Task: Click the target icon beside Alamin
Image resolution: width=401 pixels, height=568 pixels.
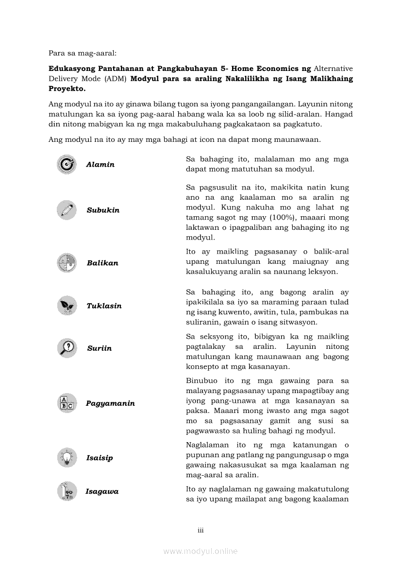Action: pyautogui.click(x=67, y=165)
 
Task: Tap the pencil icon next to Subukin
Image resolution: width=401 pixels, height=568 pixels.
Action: pyautogui.click(x=67, y=210)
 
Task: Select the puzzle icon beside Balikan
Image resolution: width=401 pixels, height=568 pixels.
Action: pyautogui.click(x=67, y=263)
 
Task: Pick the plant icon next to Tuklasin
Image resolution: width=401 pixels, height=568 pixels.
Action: pyautogui.click(x=67, y=306)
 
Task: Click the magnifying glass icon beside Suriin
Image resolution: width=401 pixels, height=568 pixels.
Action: pyautogui.click(x=67, y=348)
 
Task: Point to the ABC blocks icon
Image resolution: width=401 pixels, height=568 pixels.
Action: pyautogui.click(x=67, y=403)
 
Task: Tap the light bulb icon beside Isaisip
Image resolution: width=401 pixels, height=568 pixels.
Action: pyautogui.click(x=67, y=458)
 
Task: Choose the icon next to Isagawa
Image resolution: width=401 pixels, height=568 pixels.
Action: pyautogui.click(x=67, y=491)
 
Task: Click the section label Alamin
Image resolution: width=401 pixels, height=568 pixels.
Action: pyautogui.click(x=100, y=165)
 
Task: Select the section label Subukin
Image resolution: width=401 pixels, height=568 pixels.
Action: pyautogui.click(x=103, y=210)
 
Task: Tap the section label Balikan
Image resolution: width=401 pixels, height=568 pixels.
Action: pyautogui.click(x=102, y=263)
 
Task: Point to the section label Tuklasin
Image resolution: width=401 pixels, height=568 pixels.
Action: pyautogui.click(x=104, y=306)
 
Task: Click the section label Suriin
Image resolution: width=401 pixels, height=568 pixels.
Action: pyautogui.click(x=100, y=348)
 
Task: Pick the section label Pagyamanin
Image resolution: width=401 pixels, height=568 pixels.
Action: pyautogui.click(x=111, y=403)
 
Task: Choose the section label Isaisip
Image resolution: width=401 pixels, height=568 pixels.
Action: pyautogui.click(x=100, y=458)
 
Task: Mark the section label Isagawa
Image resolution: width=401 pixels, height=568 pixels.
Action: pyautogui.click(x=102, y=491)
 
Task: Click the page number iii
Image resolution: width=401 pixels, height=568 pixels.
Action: pyautogui.click(x=200, y=530)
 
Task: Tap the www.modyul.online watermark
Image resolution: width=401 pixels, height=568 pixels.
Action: pyautogui.click(x=200, y=551)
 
